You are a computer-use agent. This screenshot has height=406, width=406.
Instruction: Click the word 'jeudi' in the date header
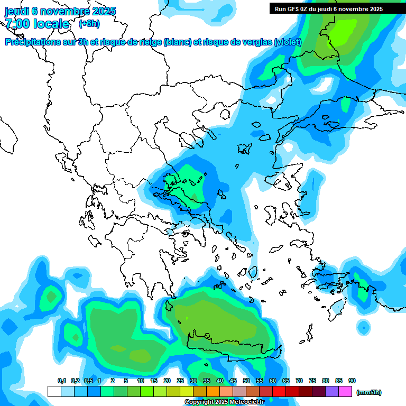[x=17, y=11]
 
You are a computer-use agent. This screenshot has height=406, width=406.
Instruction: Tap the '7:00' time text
[x=17, y=24]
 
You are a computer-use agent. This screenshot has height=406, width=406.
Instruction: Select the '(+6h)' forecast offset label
[x=89, y=24]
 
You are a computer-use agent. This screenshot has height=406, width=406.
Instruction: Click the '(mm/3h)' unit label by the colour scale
[x=369, y=392]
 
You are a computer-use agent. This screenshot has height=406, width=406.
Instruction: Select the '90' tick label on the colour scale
[x=352, y=381]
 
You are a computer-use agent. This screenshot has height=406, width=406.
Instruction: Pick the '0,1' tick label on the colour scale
[x=62, y=381]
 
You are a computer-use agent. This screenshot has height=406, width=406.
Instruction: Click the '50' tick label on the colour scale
[x=246, y=381]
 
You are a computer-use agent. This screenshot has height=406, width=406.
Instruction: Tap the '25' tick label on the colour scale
[x=180, y=381]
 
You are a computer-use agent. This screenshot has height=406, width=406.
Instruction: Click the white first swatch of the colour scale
[x=54, y=392]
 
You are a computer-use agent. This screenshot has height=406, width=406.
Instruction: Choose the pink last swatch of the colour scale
[x=345, y=392]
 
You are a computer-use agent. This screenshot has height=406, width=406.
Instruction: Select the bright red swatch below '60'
[x=279, y=392]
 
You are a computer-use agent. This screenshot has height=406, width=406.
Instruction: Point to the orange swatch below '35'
[x=213, y=392]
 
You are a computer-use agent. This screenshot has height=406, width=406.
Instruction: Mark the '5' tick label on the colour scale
[x=126, y=381]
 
